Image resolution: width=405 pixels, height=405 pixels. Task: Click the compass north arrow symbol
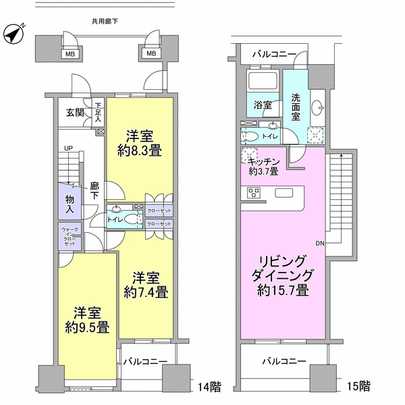point(13,37)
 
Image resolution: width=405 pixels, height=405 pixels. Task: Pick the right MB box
point(150,55)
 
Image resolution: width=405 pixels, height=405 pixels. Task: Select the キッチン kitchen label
point(263,166)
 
